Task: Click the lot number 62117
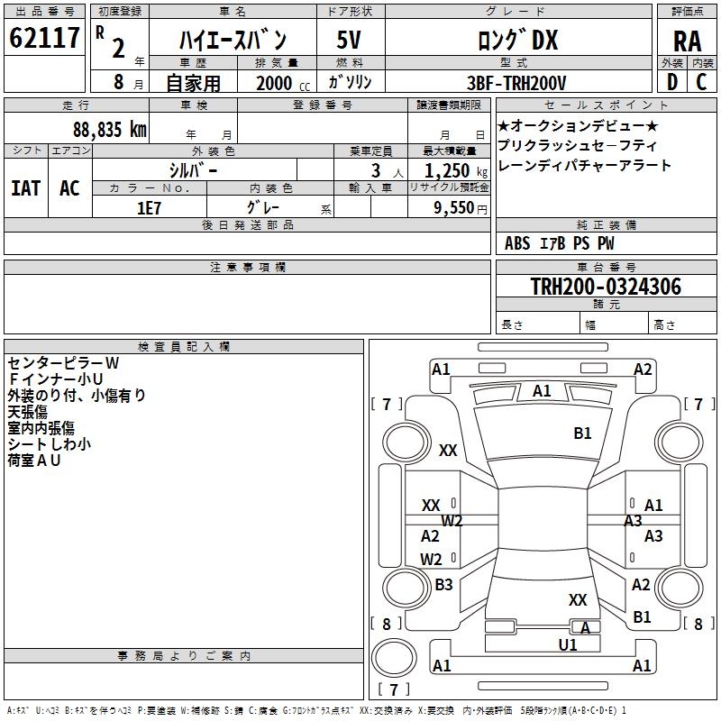point(44,39)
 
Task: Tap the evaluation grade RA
point(687,41)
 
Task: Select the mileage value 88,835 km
point(109,129)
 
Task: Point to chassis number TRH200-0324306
point(606,287)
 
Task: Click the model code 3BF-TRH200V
point(517,83)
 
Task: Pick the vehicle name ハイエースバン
point(233,40)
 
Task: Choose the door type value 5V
point(349,40)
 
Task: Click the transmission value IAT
point(25,187)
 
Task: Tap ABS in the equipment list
point(517,243)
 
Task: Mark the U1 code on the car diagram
point(568,644)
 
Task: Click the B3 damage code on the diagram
point(443,585)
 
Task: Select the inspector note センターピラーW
point(63,362)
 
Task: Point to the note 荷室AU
point(35,460)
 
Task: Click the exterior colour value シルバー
point(193,170)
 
